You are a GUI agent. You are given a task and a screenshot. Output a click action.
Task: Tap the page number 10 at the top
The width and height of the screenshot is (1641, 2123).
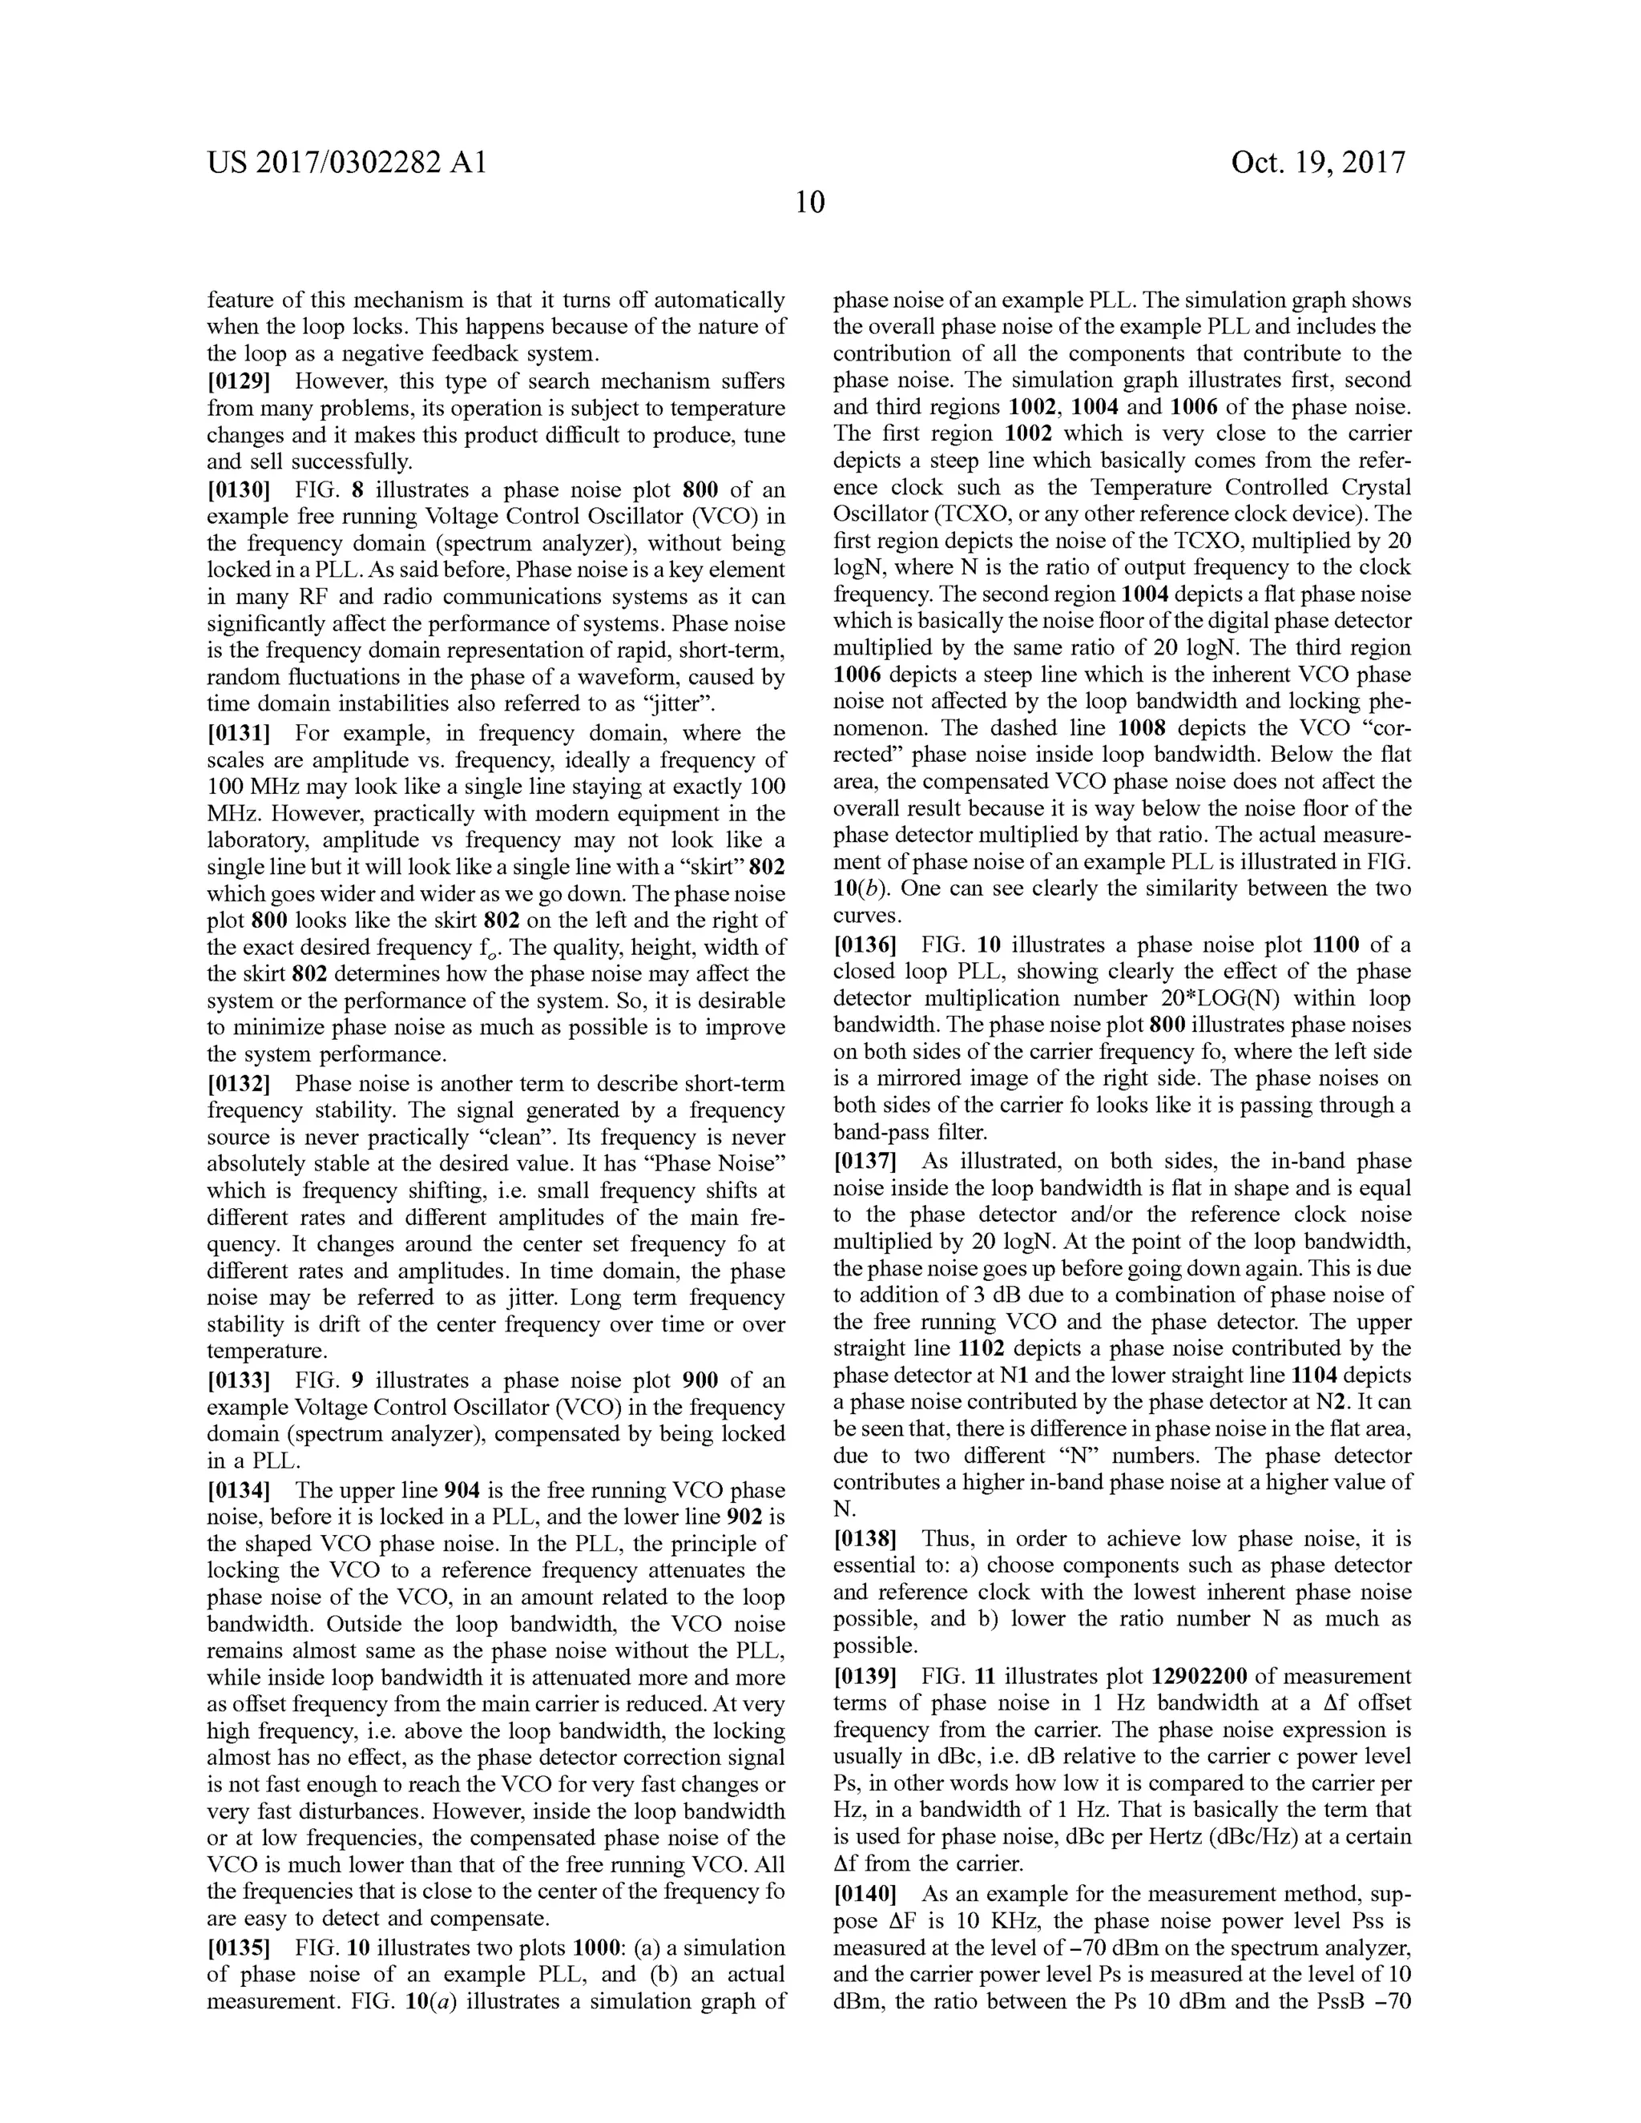point(810,202)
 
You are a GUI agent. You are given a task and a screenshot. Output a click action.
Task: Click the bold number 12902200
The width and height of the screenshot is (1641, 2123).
point(1199,1676)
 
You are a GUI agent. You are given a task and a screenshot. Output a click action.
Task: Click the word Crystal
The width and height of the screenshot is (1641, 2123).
point(1369,487)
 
